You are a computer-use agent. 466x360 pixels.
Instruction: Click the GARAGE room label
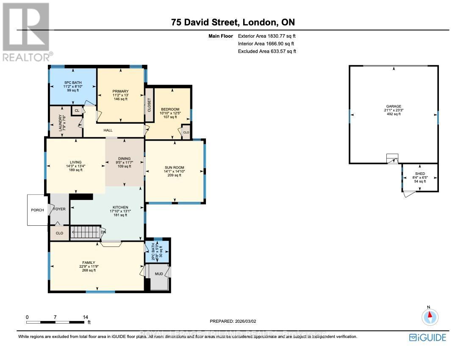394,106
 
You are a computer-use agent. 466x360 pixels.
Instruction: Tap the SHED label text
420,173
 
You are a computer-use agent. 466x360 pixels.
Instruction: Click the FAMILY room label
89,262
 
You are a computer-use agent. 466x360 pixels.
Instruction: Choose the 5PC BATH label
73,83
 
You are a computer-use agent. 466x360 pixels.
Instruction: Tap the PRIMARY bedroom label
121,91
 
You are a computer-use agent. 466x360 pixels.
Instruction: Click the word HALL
108,130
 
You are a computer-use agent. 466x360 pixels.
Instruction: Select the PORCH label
37,210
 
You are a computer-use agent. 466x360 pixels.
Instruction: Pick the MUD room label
158,274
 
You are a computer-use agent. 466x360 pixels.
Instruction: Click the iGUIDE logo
427,337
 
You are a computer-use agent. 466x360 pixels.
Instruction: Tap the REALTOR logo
26,32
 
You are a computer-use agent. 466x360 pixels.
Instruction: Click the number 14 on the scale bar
85,317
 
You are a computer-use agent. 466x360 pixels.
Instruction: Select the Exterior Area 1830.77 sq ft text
266,36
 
